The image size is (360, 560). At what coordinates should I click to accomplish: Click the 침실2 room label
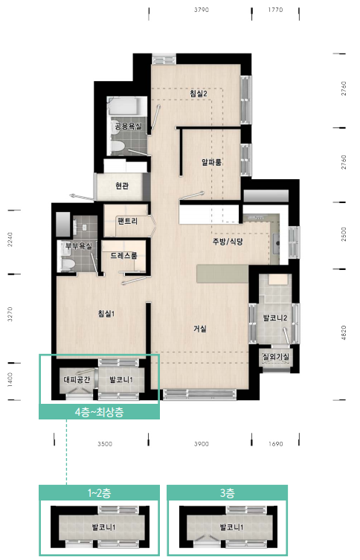pyautogui.click(x=198, y=94)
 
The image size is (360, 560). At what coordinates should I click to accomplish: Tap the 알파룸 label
pyautogui.click(x=211, y=162)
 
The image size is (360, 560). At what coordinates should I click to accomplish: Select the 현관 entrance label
pyautogui.click(x=122, y=186)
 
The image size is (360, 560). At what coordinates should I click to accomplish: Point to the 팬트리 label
pyautogui.click(x=127, y=221)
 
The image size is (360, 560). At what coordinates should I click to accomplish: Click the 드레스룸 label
pyautogui.click(x=123, y=255)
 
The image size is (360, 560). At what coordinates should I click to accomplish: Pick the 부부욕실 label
pyautogui.click(x=79, y=245)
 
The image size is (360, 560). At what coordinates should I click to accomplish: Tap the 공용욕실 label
pyautogui.click(x=128, y=126)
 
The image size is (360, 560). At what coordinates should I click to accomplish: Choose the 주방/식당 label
pyautogui.click(x=228, y=242)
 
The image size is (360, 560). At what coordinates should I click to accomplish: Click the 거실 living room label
pyautogui.click(x=200, y=329)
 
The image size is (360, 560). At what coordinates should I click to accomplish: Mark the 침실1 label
pyautogui.click(x=106, y=314)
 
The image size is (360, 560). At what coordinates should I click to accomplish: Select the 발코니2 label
pyautogui.click(x=275, y=318)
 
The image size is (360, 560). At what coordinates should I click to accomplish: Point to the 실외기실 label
pyautogui.click(x=275, y=356)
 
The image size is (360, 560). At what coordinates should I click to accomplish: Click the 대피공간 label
pyautogui.click(x=77, y=379)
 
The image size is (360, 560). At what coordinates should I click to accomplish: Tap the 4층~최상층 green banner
pyautogui.click(x=99, y=412)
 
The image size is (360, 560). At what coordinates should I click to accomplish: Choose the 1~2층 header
pyautogui.click(x=99, y=493)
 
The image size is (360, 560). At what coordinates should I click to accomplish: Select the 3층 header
pyautogui.click(x=227, y=493)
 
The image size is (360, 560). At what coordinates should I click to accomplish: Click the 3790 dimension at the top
pyautogui.click(x=201, y=10)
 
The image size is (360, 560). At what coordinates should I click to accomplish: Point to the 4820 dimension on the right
pyautogui.click(x=344, y=333)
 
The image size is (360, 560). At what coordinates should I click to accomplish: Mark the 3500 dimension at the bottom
pyautogui.click(x=105, y=444)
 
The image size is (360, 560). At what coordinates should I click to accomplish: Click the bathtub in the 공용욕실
pyautogui.click(x=127, y=106)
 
